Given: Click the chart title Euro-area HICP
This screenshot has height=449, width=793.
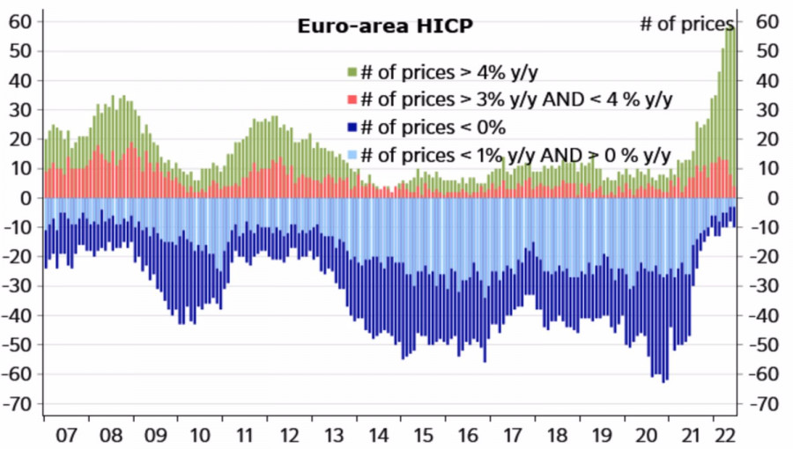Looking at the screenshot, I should (385, 26).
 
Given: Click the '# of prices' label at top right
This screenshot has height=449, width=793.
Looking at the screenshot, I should (686, 24).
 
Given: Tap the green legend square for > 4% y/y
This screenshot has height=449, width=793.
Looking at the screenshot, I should (352, 70).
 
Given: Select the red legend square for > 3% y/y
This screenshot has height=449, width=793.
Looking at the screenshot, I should (352, 99).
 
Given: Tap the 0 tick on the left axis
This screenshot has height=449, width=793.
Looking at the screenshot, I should (26, 198).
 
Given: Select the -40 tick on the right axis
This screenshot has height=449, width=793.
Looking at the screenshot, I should (765, 316).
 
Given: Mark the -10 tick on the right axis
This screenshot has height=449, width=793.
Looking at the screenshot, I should (765, 227).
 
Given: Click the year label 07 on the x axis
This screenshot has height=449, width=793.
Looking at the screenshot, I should (65, 435).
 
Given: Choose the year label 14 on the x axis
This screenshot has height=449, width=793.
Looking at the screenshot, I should (379, 435).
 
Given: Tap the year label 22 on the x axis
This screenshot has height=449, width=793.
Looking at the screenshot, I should (725, 435).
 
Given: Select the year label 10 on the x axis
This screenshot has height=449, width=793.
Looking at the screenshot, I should (200, 435).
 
